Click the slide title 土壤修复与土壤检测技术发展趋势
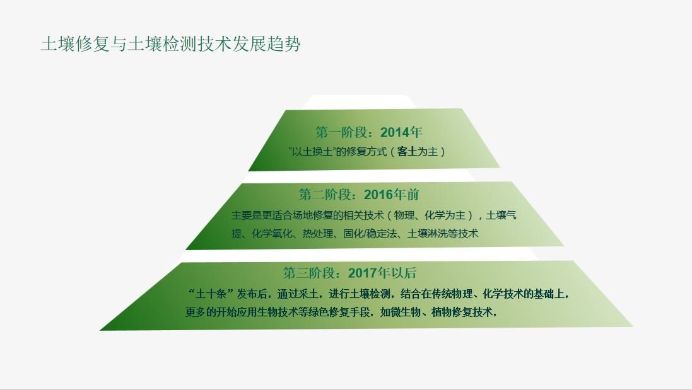pyautogui.click(x=171, y=44)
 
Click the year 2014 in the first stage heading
pyautogui.click(x=394, y=132)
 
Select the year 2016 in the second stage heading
pyautogui.click(x=378, y=194)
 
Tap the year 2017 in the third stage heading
pyautogui.click(x=362, y=273)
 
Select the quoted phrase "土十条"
pyautogui.click(x=211, y=294)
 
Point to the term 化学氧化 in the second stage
pyautogui.click(x=272, y=234)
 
